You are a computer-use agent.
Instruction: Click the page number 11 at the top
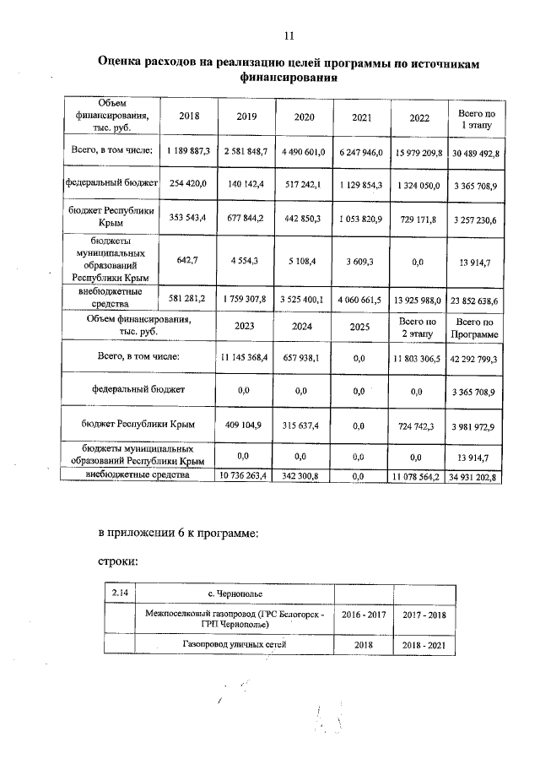289,35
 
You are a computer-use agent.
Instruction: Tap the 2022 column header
419,118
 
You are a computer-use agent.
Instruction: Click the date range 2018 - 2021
425,646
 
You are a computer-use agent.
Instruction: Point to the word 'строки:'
118,560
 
